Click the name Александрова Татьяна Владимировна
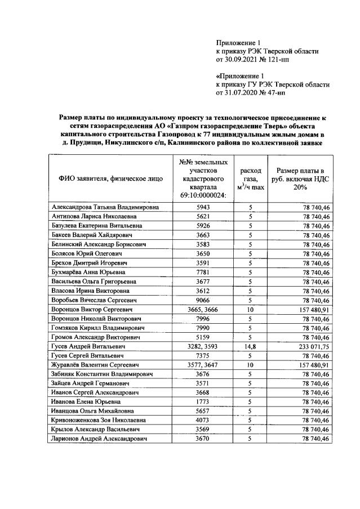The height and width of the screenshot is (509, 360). (105, 207)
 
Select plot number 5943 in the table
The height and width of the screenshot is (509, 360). (201, 207)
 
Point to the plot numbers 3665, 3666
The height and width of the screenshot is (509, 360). (201, 309)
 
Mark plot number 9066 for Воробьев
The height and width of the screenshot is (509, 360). (201, 300)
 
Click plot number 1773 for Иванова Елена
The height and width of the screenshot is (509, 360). (201, 401)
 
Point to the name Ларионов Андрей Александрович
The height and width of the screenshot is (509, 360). (99, 439)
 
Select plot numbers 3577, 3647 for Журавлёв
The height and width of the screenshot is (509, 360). (201, 364)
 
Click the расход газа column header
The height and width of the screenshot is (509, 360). (250, 178)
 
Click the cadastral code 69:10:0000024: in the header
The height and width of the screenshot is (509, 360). (201, 195)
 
